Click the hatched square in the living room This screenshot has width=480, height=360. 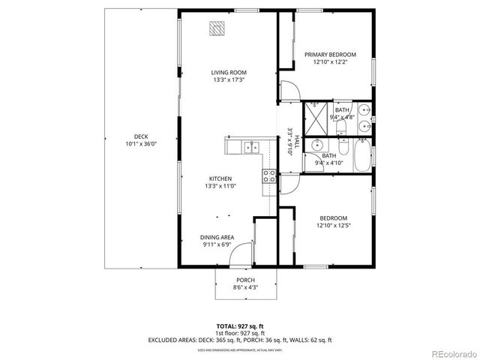pyautogui.click(x=217, y=28)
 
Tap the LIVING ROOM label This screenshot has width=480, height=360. pyautogui.click(x=228, y=72)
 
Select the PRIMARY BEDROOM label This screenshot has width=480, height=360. pyautogui.click(x=329, y=55)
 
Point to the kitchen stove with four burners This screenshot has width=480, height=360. pyautogui.click(x=268, y=176)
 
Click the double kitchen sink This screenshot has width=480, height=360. pyautogui.click(x=249, y=146)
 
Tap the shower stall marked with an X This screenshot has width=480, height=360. pyautogui.click(x=316, y=114)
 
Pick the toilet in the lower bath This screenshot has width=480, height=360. pyautogui.click(x=341, y=144)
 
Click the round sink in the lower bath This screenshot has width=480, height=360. pyautogui.click(x=316, y=145)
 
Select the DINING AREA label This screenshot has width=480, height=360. pyautogui.click(x=217, y=237)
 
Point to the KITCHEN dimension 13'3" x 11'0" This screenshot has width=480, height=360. pyautogui.click(x=225, y=187)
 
